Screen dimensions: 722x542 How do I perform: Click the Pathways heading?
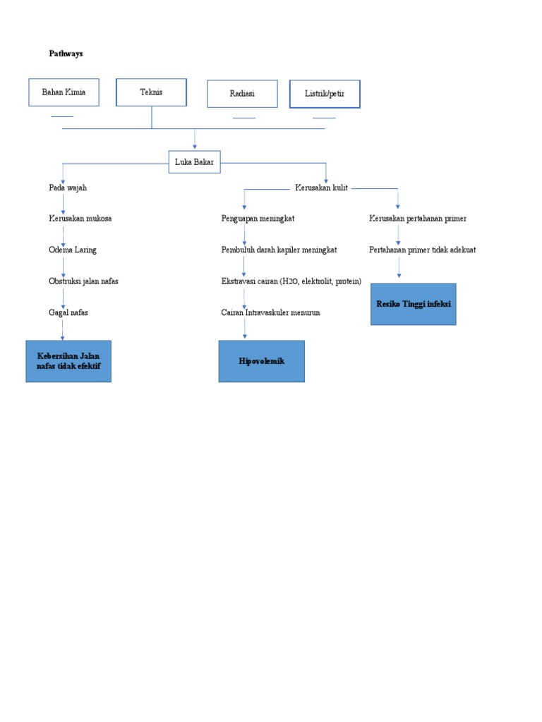pos(66,54)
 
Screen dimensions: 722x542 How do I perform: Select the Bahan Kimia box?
pos(63,92)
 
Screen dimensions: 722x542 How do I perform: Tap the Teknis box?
pos(151,92)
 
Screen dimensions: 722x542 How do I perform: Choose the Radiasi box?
pos(242,94)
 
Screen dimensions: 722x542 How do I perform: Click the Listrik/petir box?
pos(325,94)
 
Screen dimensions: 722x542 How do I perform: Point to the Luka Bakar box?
pos(194,162)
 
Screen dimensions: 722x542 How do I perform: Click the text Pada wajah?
pos(68,188)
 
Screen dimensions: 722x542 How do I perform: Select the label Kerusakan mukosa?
pos(80,219)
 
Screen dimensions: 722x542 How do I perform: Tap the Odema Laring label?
pos(72,250)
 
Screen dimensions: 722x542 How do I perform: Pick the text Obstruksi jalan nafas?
pos(83,281)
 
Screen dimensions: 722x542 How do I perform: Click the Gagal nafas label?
pos(68,312)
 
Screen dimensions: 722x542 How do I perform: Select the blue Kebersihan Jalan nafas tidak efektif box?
pos(68,361)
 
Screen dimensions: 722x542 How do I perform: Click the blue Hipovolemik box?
pos(261,361)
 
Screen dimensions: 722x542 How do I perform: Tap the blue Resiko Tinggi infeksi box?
pos(413,304)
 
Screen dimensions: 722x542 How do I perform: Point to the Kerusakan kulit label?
pos(321,188)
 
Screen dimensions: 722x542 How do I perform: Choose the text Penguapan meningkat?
pos(258,219)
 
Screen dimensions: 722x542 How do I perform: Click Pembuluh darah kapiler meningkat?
pos(279,250)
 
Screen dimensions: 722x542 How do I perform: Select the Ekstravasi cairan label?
pos(291,281)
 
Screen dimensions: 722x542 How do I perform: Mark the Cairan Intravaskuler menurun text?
pos(270,312)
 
